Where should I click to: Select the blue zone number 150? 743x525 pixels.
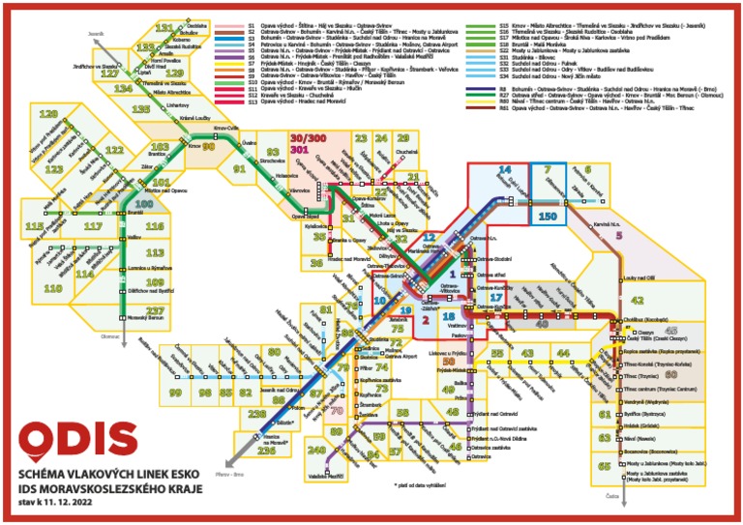click(x=548, y=218)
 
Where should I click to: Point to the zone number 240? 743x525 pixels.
click(x=317, y=450)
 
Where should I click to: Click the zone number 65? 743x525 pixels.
click(x=605, y=466)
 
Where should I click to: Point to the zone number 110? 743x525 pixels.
click(x=52, y=288)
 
